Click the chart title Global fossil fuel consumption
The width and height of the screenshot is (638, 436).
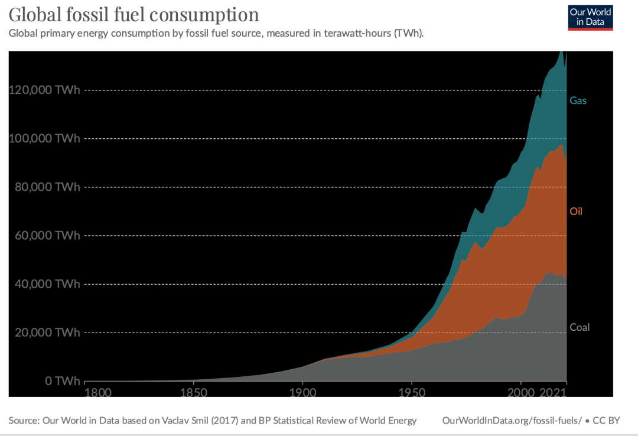tap(134, 15)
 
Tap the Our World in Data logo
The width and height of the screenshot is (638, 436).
tap(590, 17)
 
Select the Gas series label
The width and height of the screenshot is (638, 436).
tap(578, 101)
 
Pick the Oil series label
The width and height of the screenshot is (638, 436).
tap(576, 212)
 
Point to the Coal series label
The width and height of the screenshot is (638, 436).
tap(580, 327)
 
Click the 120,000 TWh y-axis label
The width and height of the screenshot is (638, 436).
tap(44, 90)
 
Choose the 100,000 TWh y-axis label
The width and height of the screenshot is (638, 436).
tap(44, 139)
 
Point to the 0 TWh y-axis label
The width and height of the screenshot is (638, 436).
tap(58, 381)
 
